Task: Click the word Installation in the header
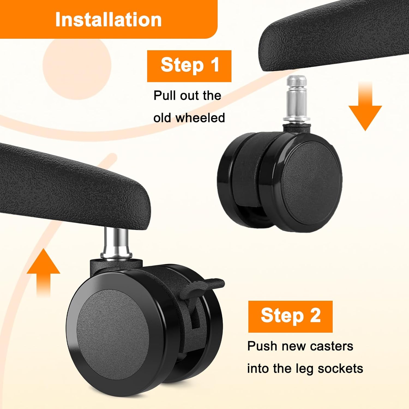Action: (108, 20)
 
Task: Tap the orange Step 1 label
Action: (189, 66)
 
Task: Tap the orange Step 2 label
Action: (290, 316)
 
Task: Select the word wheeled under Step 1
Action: (200, 118)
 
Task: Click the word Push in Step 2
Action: (262, 346)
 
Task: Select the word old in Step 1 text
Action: (162, 118)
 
